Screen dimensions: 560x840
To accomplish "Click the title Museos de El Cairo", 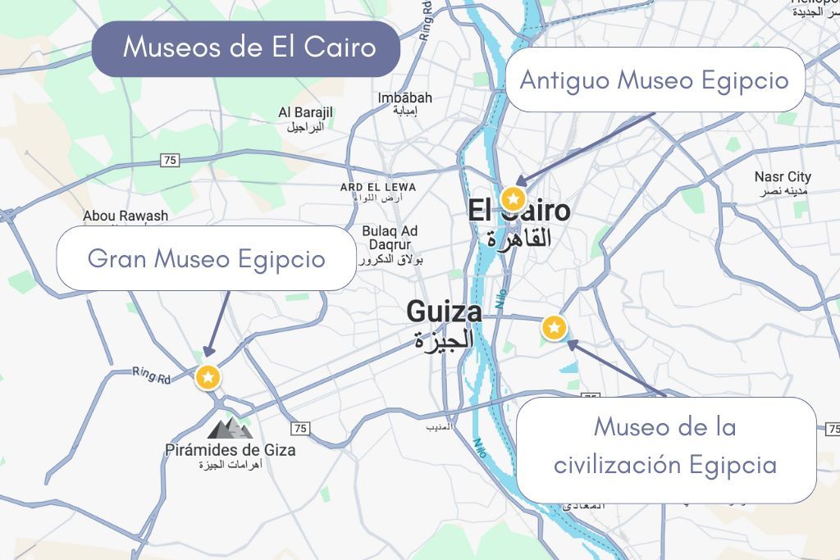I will point(249,48).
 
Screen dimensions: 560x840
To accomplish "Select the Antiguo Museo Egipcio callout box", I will point(654,80).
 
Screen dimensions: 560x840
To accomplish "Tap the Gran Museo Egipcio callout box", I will point(206,259).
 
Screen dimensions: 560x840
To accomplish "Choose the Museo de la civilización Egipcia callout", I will point(665,447).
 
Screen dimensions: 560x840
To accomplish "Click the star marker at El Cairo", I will point(514,198).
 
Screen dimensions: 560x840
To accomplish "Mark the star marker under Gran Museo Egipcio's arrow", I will point(208,376).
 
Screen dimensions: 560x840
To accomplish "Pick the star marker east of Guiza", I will point(555,328).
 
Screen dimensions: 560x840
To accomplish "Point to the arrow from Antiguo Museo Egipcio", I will point(586,148).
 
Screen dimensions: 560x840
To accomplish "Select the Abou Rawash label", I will point(126,216).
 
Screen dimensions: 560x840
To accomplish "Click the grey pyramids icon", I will point(230,427).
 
